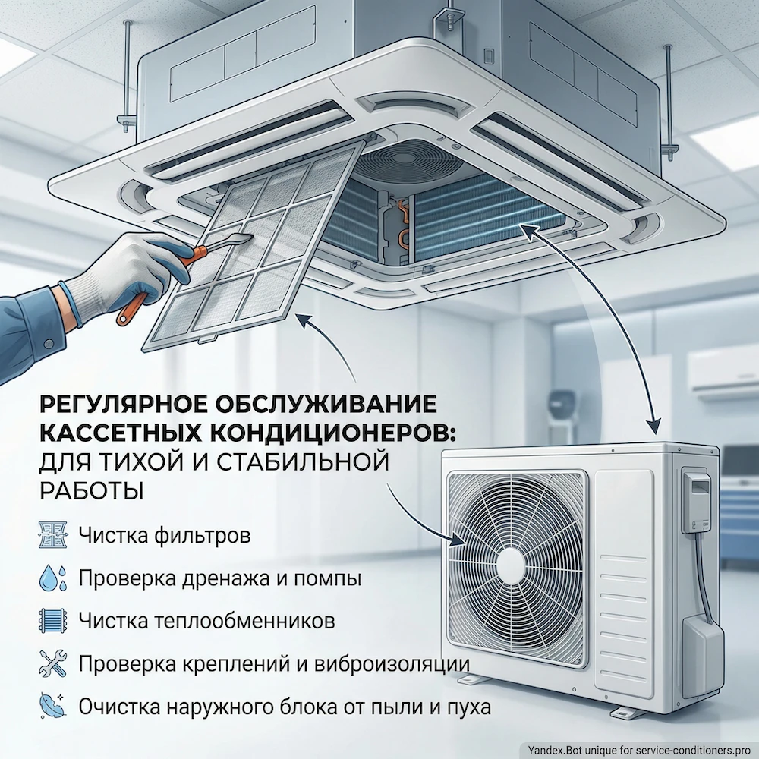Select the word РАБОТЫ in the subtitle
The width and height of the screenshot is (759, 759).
(91, 490)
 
